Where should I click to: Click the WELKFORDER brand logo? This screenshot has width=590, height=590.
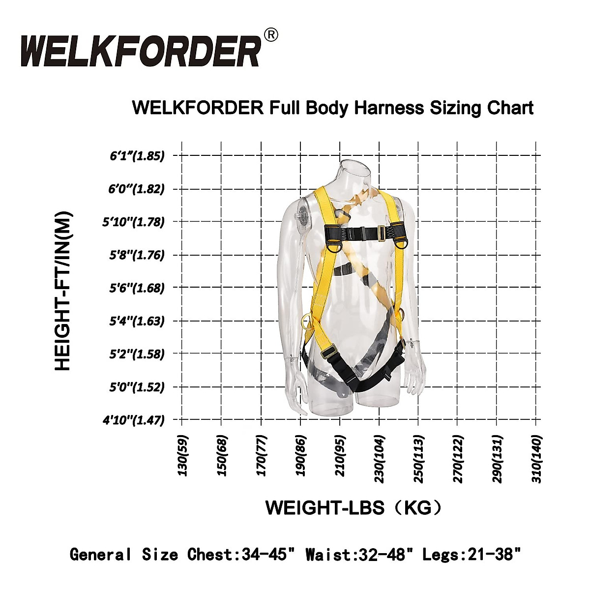[140, 51]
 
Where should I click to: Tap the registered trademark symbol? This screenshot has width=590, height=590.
[271, 35]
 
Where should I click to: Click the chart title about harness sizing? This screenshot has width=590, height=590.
[333, 108]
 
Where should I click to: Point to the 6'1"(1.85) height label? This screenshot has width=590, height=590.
[137, 156]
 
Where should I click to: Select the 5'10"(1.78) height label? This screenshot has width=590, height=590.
[133, 222]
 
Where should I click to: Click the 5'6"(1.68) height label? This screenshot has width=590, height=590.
[137, 288]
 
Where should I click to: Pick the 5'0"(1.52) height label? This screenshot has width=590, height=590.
[137, 387]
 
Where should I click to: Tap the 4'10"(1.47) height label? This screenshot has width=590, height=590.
[133, 420]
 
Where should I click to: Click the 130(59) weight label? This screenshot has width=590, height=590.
[182, 455]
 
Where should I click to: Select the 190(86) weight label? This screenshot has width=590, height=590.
[300, 455]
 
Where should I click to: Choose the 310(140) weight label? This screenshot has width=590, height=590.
[536, 459]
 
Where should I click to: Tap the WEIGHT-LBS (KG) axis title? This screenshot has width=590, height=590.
[353, 507]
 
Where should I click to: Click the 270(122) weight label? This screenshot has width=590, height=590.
[458, 459]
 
